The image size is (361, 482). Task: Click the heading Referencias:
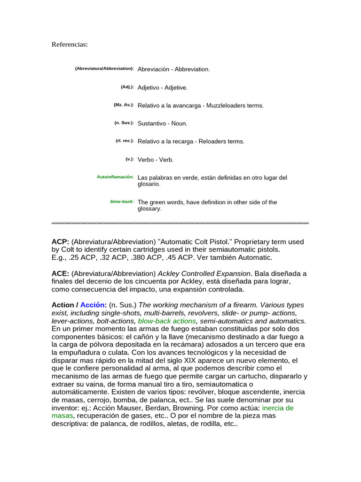[x=70, y=44]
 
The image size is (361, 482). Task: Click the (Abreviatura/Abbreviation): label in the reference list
[x=104, y=69]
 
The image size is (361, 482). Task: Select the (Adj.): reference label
[x=127, y=87]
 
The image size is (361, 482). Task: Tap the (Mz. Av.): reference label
[x=124, y=105]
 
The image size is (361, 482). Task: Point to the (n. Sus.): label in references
[x=124, y=123]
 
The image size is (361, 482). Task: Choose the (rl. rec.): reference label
[x=125, y=141]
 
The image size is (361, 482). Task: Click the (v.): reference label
[x=130, y=159]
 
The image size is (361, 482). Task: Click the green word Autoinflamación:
[x=115, y=177]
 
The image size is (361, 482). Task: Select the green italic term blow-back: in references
[x=122, y=201]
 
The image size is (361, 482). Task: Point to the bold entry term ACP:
[x=60, y=242]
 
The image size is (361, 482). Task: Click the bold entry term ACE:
[x=60, y=273]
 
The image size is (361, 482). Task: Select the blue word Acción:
[x=94, y=305]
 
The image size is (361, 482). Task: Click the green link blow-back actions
[x=167, y=321]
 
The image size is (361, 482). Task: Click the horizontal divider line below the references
[x=180, y=223]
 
